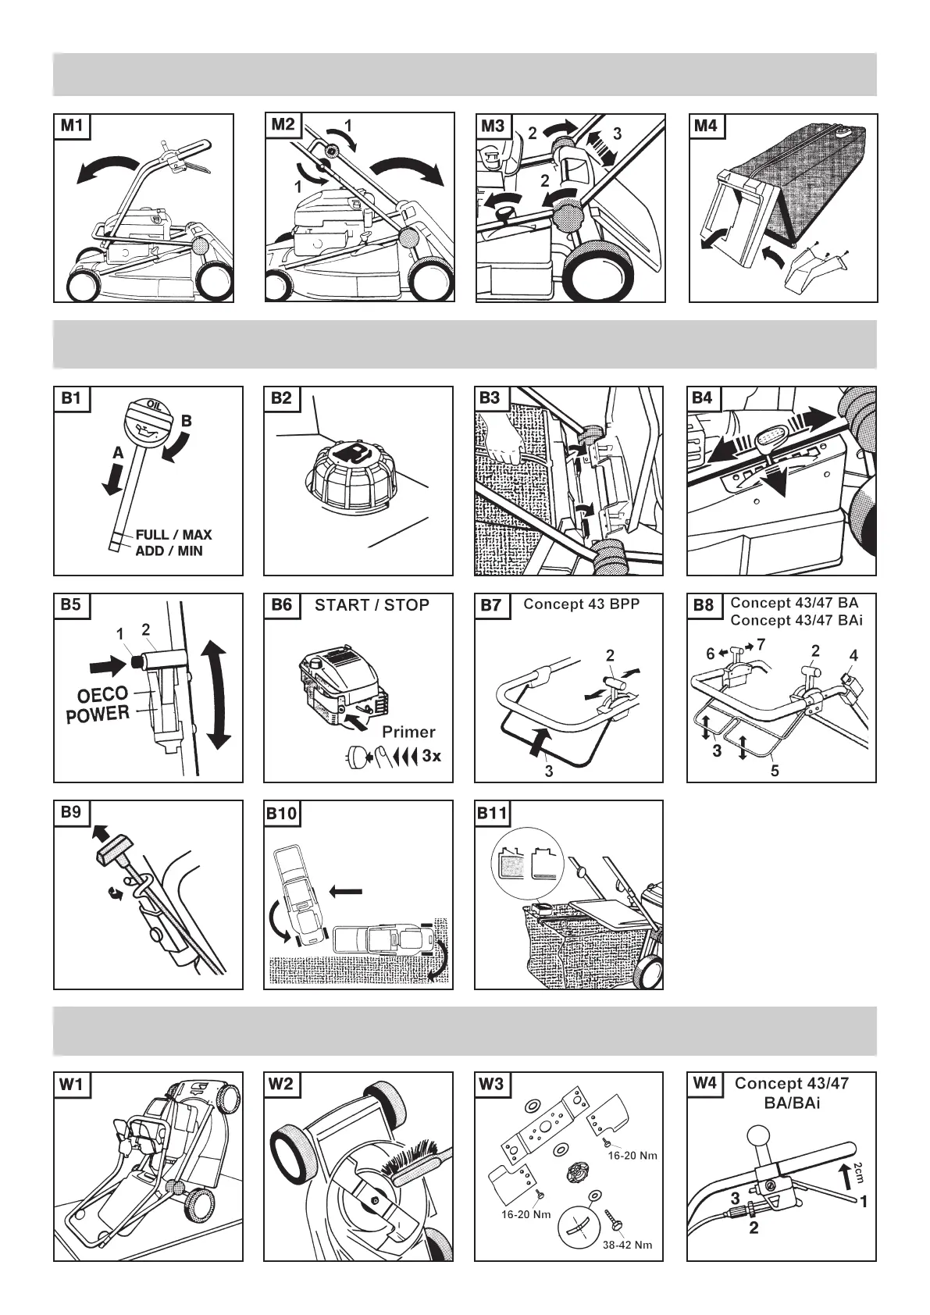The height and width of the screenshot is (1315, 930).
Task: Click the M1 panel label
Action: (x=71, y=126)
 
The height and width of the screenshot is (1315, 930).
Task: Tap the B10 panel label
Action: (x=282, y=813)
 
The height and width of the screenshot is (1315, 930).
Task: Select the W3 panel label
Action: (x=493, y=1084)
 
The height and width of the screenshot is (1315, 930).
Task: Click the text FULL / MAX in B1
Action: (x=173, y=535)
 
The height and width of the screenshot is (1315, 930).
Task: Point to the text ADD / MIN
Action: (x=169, y=551)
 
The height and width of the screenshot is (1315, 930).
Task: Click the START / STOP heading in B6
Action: (x=372, y=605)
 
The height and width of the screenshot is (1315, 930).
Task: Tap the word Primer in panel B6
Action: (x=408, y=732)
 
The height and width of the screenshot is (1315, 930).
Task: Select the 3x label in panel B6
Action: (x=431, y=756)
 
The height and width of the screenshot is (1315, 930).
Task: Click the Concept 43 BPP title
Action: (x=581, y=604)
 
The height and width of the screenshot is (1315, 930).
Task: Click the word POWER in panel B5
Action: (x=98, y=714)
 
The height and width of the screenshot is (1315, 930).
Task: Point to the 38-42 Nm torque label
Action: (x=627, y=1245)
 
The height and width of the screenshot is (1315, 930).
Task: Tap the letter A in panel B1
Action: (x=117, y=452)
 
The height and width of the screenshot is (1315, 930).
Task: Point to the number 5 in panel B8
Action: (x=775, y=771)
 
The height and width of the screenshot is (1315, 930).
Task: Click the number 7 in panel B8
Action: (x=761, y=644)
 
